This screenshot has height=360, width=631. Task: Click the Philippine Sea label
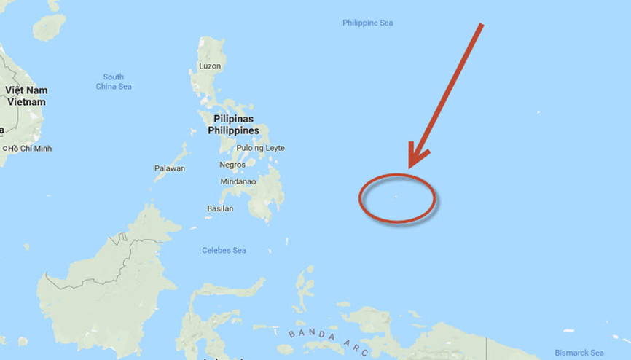[x=367, y=23]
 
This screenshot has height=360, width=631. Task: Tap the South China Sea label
[x=113, y=82]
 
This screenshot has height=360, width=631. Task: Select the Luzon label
[x=209, y=67]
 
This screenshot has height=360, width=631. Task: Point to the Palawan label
[x=170, y=168]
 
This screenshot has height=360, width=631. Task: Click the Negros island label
[x=232, y=165]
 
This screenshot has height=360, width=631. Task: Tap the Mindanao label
[x=238, y=181]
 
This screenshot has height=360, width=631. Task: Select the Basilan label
[x=219, y=208]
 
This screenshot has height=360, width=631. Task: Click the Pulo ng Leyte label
[x=260, y=148]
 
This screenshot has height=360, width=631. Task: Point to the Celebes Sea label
[x=224, y=251]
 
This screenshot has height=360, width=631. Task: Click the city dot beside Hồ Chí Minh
[x=4, y=149]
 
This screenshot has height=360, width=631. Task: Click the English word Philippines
[x=233, y=130]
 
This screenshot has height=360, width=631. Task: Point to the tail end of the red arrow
[x=482, y=26]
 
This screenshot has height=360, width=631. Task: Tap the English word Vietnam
[x=25, y=102]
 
